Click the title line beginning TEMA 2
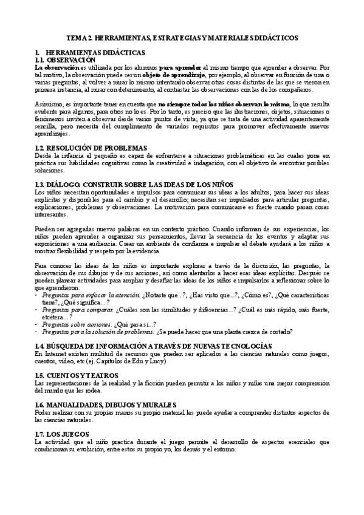pyautogui.click(x=182, y=38)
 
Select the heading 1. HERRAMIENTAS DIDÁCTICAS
pyautogui.click(x=82, y=53)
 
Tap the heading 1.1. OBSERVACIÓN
pyautogui.click(x=66, y=60)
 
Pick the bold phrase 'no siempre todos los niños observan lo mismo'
pyautogui.click(x=224, y=104)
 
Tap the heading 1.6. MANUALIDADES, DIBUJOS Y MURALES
pyautogui.click(x=105, y=404)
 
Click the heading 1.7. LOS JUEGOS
pyautogui.click(x=63, y=434)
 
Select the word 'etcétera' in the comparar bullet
pyautogui.click(x=53, y=316)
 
